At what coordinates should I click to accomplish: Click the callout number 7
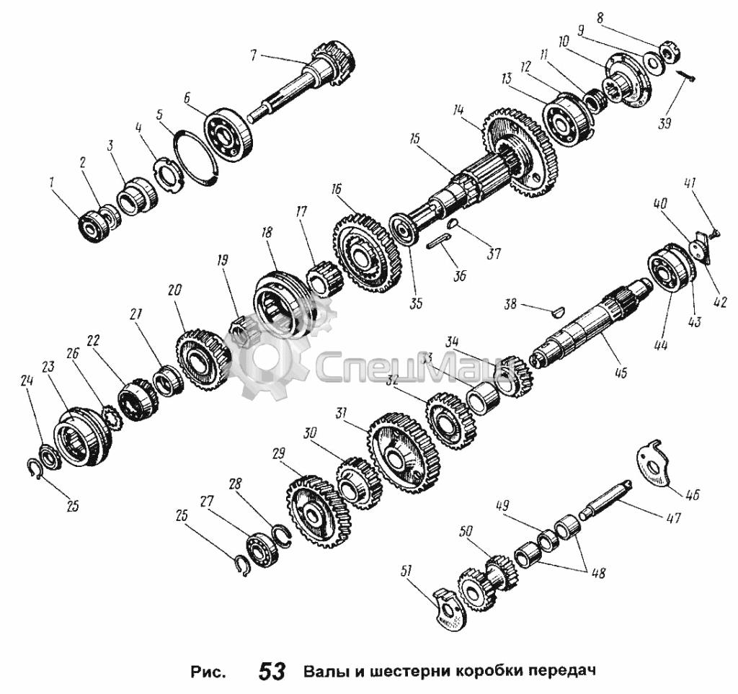pos(254,55)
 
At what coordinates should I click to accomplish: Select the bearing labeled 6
pos(228,134)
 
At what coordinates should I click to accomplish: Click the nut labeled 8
pos(668,52)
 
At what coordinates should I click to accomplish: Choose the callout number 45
pos(621,373)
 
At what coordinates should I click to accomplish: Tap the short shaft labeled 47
pos(607,499)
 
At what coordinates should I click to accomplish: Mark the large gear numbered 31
pos(404,453)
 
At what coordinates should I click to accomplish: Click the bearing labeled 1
pos(94,227)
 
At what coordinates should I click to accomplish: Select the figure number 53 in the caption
pos(272,671)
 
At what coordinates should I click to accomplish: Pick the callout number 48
pos(598,573)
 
